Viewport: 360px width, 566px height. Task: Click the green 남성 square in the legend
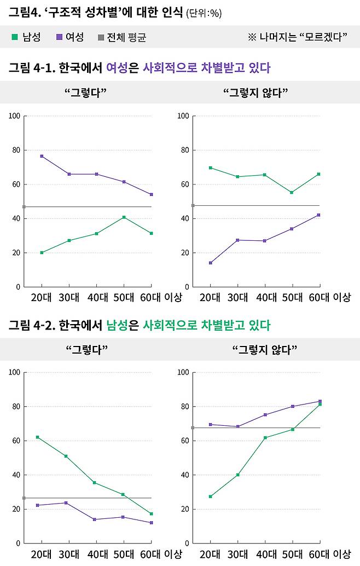pyautogui.click(x=15, y=37)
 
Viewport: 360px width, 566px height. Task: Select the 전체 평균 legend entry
pyautogui.click(x=127, y=37)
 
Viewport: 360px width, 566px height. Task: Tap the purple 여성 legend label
pyautogui.click(x=74, y=37)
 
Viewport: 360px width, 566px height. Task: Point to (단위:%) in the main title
pyautogui.click(x=204, y=13)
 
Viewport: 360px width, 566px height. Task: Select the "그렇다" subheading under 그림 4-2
pyautogui.click(x=86, y=349)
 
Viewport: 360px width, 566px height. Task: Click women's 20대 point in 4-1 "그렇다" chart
pyautogui.click(x=42, y=156)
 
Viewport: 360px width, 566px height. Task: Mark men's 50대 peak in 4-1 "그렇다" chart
pyautogui.click(x=124, y=217)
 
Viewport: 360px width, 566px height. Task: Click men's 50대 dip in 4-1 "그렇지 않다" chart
pyautogui.click(x=292, y=193)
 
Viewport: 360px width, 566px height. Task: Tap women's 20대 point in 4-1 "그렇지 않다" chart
pyautogui.click(x=210, y=263)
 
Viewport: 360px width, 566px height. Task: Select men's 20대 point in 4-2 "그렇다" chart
pyautogui.click(x=37, y=437)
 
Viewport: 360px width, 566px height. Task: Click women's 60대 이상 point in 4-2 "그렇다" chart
pyautogui.click(x=151, y=523)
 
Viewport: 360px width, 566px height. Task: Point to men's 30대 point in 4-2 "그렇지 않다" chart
pyautogui.click(x=238, y=475)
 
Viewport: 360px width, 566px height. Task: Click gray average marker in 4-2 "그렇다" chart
pyautogui.click(x=24, y=498)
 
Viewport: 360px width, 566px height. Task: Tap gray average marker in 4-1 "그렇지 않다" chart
pyautogui.click(x=193, y=205)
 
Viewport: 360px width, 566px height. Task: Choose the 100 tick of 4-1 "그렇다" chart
pyautogui.click(x=14, y=116)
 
